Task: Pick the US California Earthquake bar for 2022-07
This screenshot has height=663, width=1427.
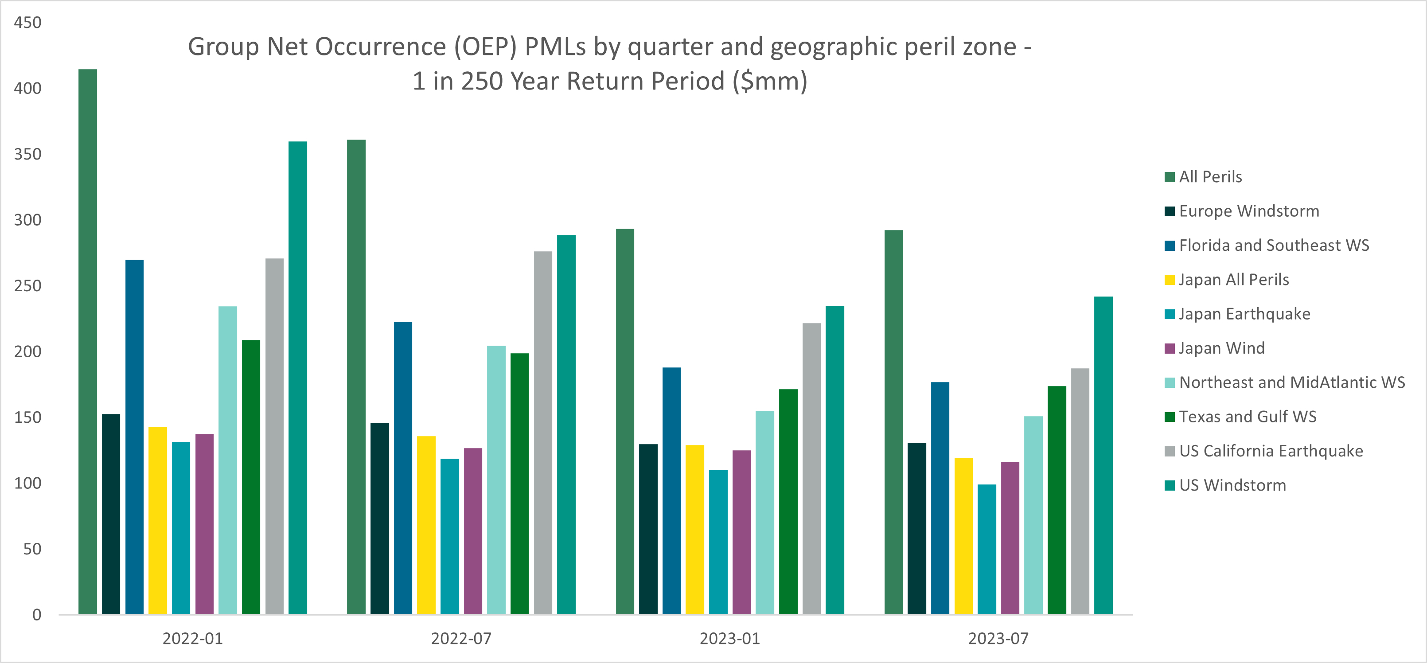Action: click(x=543, y=433)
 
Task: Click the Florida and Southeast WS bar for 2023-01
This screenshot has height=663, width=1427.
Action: click(x=671, y=491)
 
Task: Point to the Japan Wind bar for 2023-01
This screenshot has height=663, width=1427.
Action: click(x=741, y=532)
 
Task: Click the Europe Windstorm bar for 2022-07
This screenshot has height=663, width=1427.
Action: click(x=379, y=519)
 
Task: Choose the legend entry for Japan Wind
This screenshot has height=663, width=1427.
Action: click(x=1221, y=348)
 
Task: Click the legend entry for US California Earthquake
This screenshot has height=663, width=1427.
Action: click(x=1271, y=451)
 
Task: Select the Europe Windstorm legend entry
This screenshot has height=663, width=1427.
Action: click(x=1249, y=211)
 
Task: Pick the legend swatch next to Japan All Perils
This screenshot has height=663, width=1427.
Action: click(x=1170, y=280)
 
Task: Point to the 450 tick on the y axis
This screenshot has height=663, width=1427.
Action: click(x=27, y=23)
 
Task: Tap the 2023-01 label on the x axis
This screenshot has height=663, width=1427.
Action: click(x=729, y=639)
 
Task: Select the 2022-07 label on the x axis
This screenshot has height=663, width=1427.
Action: click(x=461, y=639)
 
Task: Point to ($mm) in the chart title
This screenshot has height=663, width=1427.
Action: click(x=770, y=82)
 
